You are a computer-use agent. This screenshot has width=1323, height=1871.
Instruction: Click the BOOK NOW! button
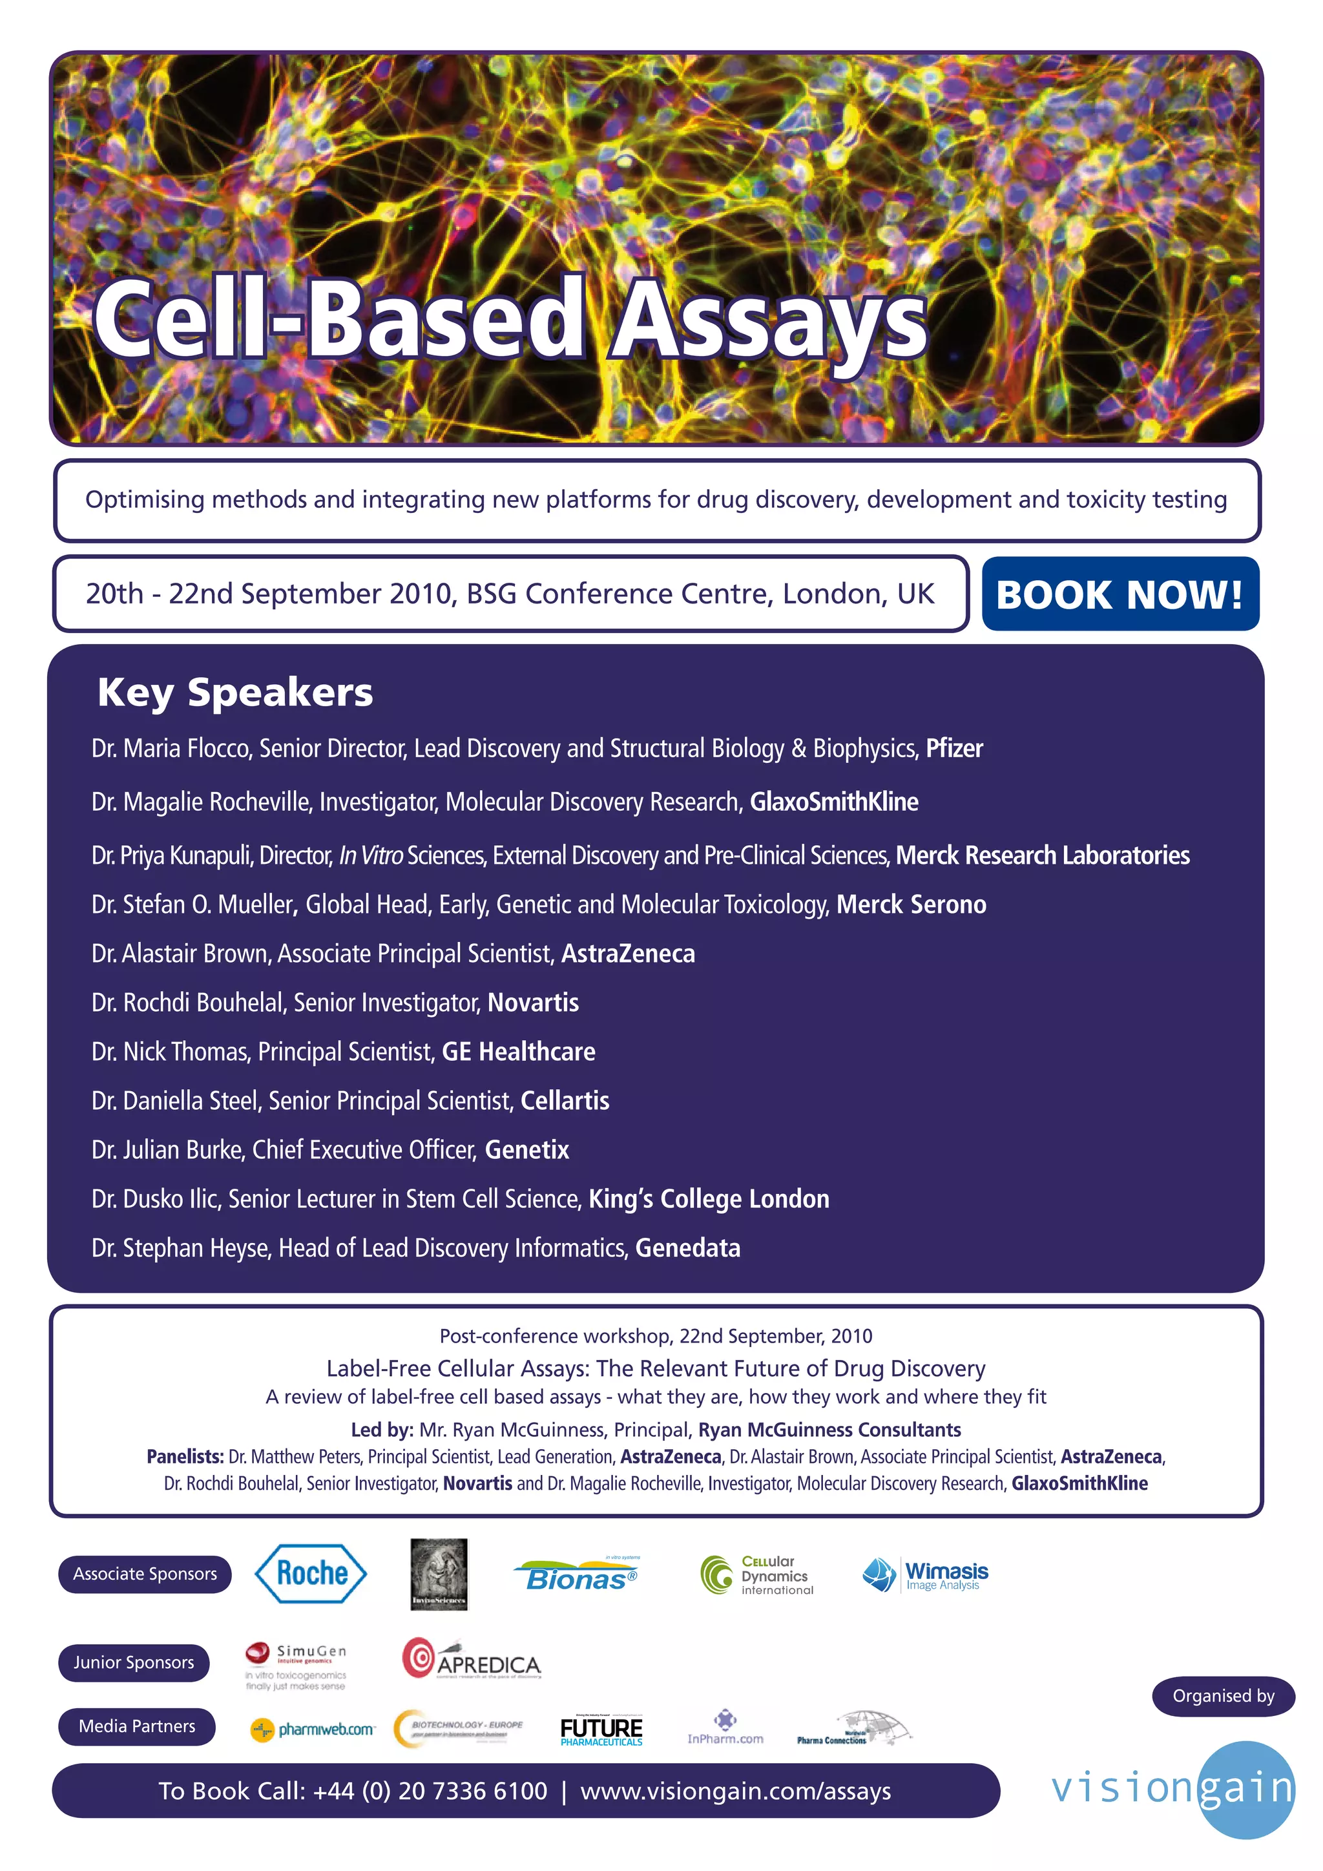click(1120, 594)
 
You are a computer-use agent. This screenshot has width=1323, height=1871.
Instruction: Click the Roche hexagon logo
click(311, 1574)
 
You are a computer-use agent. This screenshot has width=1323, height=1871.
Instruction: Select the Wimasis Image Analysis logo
click(926, 1574)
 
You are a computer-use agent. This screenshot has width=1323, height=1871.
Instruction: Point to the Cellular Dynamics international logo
click(758, 1574)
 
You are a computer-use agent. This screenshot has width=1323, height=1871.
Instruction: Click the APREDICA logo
click(471, 1659)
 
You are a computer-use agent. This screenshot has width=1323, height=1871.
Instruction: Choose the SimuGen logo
click(296, 1665)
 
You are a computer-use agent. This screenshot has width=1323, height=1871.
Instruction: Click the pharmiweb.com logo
click(313, 1730)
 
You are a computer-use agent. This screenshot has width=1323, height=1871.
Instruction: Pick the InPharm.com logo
click(725, 1728)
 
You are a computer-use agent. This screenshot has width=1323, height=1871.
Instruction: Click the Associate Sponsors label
click(145, 1574)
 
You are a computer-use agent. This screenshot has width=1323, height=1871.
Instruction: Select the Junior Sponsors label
click(134, 1662)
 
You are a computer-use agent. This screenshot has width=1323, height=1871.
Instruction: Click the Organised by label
click(1223, 1696)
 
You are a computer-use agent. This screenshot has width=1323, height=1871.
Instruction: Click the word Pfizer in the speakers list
click(954, 748)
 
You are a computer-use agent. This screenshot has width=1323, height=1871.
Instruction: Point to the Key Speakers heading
click(234, 693)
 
